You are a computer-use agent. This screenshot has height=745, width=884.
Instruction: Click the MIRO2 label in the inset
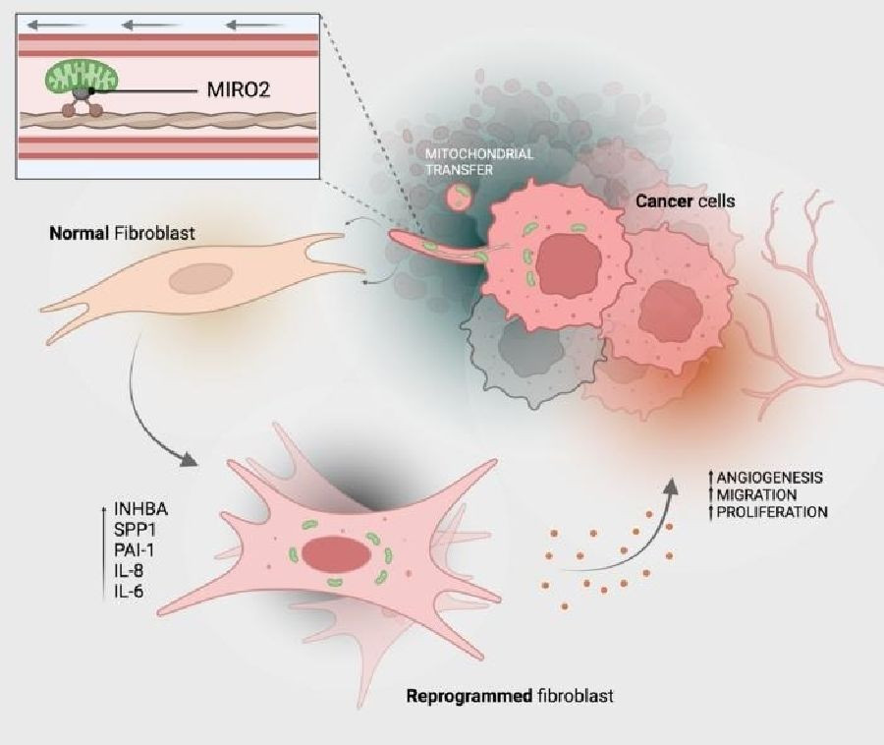point(239,89)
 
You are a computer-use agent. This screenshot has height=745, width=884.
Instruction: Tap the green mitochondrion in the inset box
point(82,78)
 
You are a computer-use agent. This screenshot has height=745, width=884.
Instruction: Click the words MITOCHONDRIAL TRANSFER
point(478,161)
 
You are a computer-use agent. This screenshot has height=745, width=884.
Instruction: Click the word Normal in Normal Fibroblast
point(79,233)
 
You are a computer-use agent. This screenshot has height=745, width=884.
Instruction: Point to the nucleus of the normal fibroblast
point(201,278)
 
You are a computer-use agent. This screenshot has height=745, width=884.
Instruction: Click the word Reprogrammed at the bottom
point(469,696)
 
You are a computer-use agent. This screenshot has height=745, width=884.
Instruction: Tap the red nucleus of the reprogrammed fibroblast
point(337,554)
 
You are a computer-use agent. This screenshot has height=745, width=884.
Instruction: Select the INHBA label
point(140,509)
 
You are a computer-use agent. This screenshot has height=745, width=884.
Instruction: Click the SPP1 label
point(135,530)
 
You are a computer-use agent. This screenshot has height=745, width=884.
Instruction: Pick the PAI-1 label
point(134,549)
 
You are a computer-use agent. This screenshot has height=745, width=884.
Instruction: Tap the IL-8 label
point(129,571)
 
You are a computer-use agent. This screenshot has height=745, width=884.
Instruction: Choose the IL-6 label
point(129,591)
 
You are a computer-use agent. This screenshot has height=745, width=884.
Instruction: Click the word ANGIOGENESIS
point(769,478)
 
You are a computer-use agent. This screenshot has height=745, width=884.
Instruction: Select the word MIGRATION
point(756,495)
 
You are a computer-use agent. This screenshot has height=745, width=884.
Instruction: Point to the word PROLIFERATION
point(772,512)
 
